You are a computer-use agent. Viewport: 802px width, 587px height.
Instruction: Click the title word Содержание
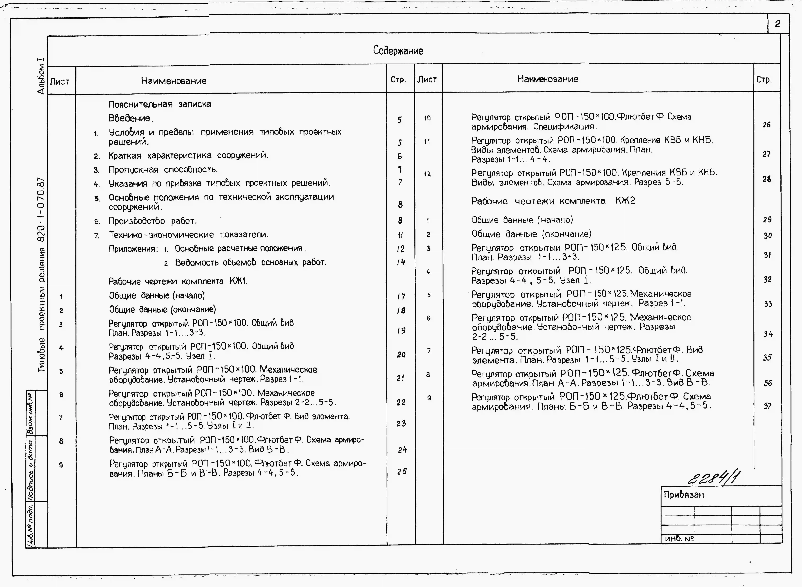pyautogui.click(x=398, y=51)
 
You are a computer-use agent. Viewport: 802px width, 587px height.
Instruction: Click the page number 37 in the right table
pyautogui.click(x=768, y=406)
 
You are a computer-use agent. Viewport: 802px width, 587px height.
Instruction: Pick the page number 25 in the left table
pyautogui.click(x=402, y=472)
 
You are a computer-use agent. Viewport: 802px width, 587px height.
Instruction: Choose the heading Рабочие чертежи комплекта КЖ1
pyautogui.click(x=178, y=281)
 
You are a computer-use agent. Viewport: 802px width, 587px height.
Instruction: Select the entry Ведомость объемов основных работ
pyautogui.click(x=251, y=263)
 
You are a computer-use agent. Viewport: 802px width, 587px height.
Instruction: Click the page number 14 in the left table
pyautogui.click(x=401, y=262)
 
